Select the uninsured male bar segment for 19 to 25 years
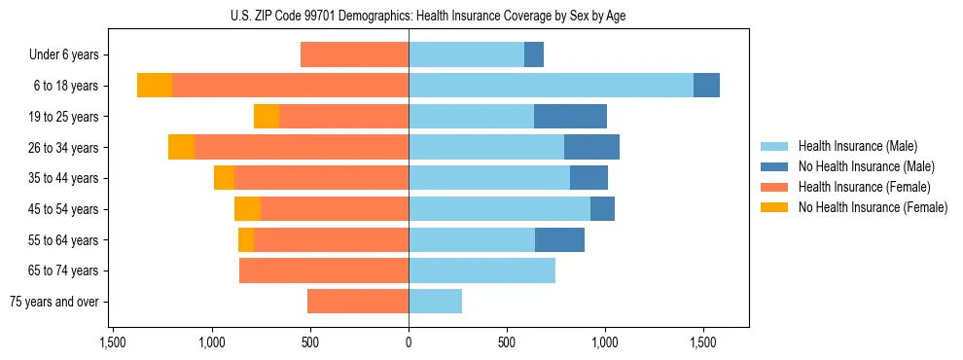[x=570, y=117]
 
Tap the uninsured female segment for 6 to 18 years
[x=155, y=86]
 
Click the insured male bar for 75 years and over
[x=435, y=302]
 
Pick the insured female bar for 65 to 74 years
[x=324, y=270]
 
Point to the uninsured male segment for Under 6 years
[x=534, y=54]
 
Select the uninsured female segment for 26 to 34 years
[x=181, y=147]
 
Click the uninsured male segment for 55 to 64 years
[x=559, y=239]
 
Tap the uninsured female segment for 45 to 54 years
[x=247, y=209]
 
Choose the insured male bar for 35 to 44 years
[x=489, y=178]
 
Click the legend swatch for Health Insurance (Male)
[x=774, y=146]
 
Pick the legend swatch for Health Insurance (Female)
[x=774, y=187]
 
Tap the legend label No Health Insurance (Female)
[x=873, y=207]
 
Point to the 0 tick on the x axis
[x=409, y=342]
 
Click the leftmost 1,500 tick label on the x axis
[x=113, y=342]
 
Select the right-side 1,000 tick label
[x=605, y=342]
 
